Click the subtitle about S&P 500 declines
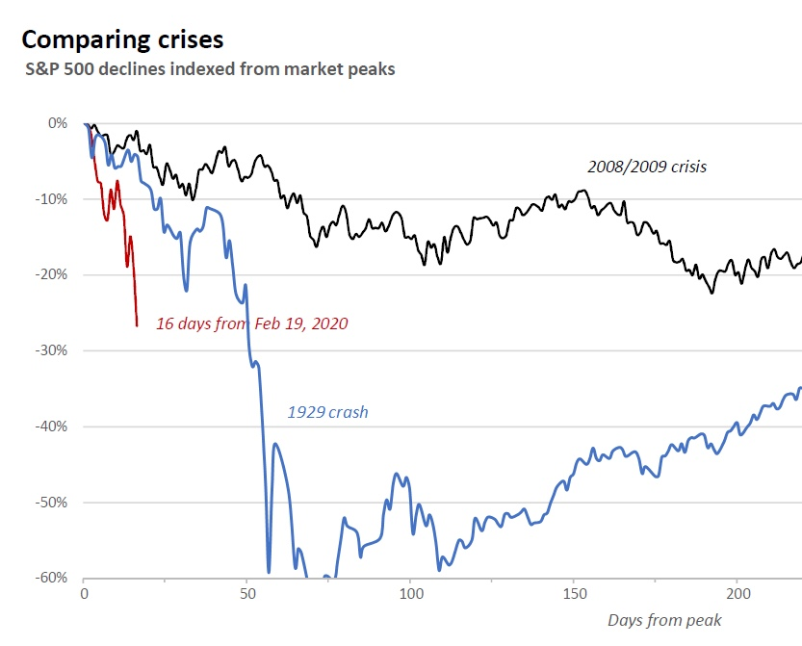tap(210, 69)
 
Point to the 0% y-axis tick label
tap(57, 123)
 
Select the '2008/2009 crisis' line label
tap(647, 167)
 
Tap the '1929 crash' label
tap(327, 412)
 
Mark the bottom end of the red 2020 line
tap(137, 325)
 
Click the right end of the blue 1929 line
tap(800, 389)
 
